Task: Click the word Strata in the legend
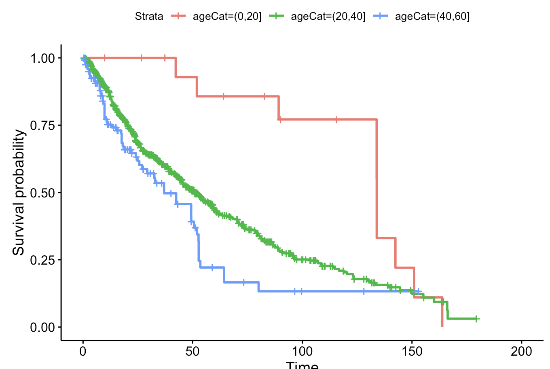149,16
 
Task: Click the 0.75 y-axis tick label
42,125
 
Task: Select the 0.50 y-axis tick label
42,193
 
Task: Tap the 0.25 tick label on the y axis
42,260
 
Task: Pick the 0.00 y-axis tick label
42,327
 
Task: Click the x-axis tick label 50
192,351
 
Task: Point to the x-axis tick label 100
302,351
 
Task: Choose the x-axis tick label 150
412,351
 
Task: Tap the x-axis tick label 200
521,351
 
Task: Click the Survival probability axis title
19,193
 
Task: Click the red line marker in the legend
178,16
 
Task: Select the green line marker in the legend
276,16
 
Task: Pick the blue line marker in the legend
380,16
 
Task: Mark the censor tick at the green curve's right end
476,319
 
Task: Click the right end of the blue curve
421,291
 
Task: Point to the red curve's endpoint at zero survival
442,326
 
